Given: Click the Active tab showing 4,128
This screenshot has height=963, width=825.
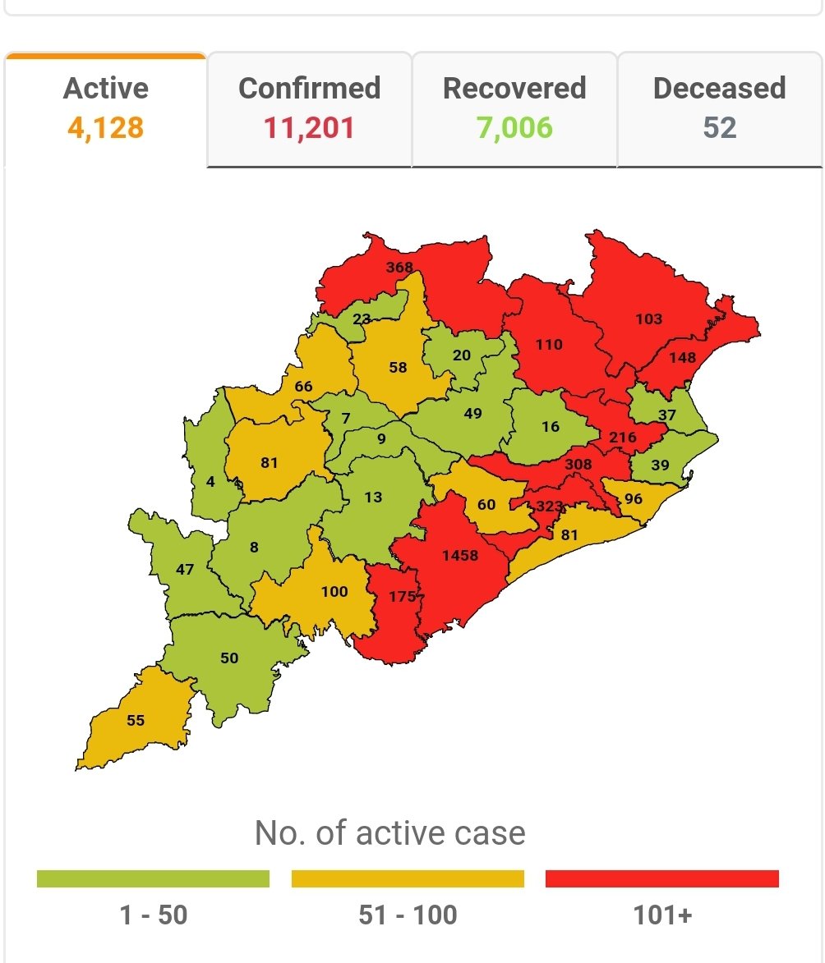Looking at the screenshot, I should [x=105, y=108].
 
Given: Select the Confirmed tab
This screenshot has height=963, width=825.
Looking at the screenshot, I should [x=309, y=108].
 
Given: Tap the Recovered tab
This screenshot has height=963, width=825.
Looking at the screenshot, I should [x=514, y=108].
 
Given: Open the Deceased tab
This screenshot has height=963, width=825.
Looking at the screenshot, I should [x=719, y=108].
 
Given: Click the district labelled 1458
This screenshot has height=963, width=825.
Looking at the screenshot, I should [x=459, y=556].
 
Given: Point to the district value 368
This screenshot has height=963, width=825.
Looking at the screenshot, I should [x=399, y=268].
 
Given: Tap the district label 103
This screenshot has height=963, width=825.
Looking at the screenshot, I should [x=648, y=319].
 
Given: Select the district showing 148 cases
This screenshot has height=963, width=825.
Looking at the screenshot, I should [x=682, y=357].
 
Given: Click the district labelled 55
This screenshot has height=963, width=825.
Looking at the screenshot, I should [x=136, y=720].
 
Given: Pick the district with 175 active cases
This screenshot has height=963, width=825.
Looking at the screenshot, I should [x=402, y=597].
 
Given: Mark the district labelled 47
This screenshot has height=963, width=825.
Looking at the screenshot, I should [x=185, y=569].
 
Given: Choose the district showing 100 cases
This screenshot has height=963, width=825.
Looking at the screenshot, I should [x=334, y=591].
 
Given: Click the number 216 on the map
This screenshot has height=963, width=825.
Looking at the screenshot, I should [x=622, y=437].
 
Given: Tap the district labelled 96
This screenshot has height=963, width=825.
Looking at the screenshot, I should [x=633, y=499].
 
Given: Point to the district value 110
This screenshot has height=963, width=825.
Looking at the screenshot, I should [x=549, y=345].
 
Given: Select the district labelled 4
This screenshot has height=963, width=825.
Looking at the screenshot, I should [x=211, y=482].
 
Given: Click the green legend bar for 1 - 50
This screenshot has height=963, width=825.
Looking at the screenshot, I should [x=153, y=878].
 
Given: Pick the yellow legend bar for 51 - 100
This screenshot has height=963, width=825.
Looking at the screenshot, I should [x=408, y=878].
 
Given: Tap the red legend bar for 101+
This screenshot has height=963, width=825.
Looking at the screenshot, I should [x=661, y=878].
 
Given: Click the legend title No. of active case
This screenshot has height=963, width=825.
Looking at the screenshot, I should [x=389, y=832].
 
